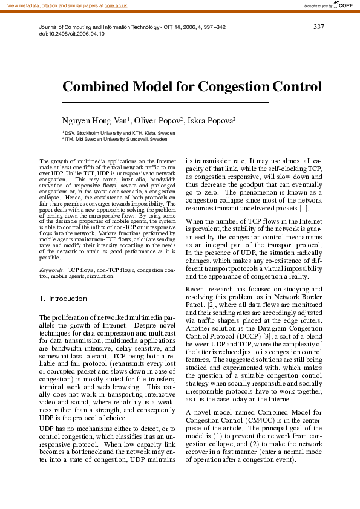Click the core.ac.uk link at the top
[x=116, y=5]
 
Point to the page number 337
[x=319, y=27]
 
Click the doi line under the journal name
[x=71, y=34]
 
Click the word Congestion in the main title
[x=235, y=87]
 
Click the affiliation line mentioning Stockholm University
[x=120, y=132]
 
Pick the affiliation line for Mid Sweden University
[x=116, y=138]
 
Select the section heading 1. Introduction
[x=63, y=299]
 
